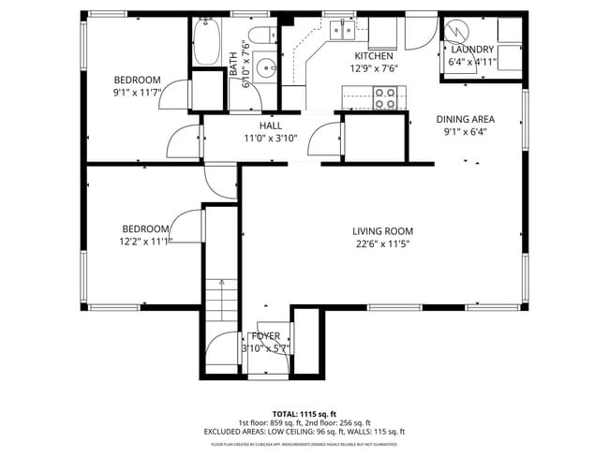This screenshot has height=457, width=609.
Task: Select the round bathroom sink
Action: [x=265, y=68]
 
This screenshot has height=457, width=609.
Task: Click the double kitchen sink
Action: [x=342, y=31]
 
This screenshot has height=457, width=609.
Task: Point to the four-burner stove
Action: [x=385, y=96]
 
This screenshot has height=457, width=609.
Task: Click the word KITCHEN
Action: [x=373, y=56]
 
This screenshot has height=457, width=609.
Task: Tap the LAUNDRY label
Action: [x=472, y=50]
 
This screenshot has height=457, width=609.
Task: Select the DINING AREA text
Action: [x=466, y=119]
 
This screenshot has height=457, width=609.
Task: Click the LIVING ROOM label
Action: [x=382, y=231]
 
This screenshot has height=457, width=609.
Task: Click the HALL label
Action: [x=270, y=125]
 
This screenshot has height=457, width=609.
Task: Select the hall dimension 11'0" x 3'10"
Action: [x=270, y=138]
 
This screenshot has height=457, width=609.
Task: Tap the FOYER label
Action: [x=266, y=336]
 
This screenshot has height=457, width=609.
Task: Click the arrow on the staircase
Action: [x=222, y=284]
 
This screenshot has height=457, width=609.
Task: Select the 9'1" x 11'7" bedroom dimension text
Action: [x=138, y=92]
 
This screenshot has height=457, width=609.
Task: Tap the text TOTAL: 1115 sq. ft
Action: [x=304, y=413]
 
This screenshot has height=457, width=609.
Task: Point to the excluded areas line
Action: [x=304, y=432]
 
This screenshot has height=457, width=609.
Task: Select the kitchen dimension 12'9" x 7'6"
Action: [x=373, y=68]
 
